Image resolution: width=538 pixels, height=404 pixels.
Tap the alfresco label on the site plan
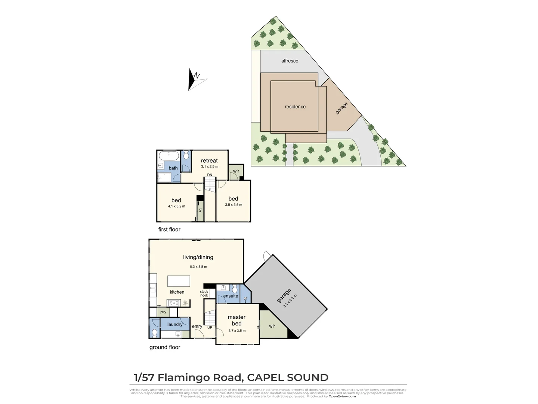click(x=290, y=61)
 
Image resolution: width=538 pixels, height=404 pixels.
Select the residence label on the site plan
click(x=295, y=107)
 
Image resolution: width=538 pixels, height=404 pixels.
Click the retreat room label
click(x=209, y=160)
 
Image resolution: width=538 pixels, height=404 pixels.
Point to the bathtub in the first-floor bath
click(x=169, y=155)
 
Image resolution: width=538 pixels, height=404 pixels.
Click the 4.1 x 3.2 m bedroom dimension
click(x=176, y=206)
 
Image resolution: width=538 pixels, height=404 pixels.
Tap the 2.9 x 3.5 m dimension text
click(x=234, y=205)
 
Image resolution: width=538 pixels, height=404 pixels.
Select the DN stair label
click(x=210, y=175)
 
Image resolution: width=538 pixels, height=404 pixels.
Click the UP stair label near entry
click(x=210, y=328)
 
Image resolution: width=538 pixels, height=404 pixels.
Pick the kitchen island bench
click(x=179, y=281)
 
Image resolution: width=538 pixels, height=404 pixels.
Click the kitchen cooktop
click(x=174, y=303)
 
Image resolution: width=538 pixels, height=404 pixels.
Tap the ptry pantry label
click(x=163, y=312)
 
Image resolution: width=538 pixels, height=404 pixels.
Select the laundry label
click(x=175, y=324)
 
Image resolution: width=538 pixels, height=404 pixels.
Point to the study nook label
click(x=204, y=293)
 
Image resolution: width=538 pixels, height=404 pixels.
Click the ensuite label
click(x=231, y=296)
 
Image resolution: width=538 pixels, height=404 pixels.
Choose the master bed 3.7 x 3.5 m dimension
click(x=237, y=331)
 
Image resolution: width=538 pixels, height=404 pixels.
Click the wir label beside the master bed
click(x=272, y=326)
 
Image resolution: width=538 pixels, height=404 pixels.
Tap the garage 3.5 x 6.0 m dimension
click(x=290, y=301)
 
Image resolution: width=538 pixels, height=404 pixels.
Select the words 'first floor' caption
click(x=169, y=229)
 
